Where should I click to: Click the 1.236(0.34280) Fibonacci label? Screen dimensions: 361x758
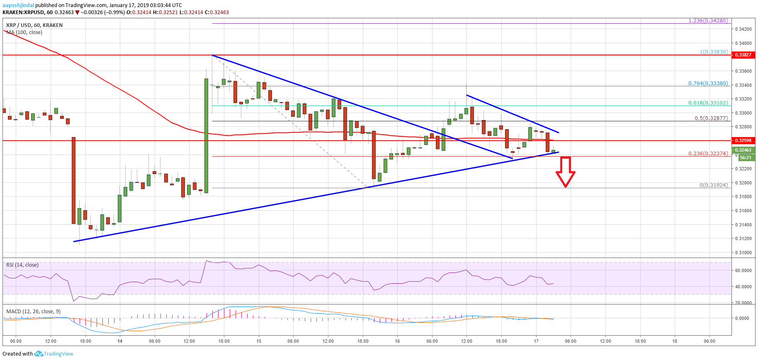(708, 21)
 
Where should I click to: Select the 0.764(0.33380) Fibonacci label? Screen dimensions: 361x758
(708, 83)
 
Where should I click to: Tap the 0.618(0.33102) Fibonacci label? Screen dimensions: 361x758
(708, 103)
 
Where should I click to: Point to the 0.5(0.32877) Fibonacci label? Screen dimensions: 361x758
(711, 118)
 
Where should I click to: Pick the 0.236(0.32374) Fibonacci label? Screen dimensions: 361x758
(708, 154)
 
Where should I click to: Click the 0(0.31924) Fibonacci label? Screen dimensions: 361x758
(713, 185)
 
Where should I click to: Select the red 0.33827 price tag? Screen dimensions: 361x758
(743, 55)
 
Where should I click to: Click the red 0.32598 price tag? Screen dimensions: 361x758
(743, 140)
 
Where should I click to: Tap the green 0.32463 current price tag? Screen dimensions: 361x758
(743, 150)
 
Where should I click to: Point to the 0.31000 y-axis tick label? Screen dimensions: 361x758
(743, 253)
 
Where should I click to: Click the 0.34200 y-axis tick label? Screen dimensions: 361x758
(743, 29)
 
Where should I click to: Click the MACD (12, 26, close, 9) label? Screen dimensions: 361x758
(33, 312)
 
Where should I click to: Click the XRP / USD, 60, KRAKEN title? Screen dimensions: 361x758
(34, 25)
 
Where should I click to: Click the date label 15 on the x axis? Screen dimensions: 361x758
(259, 341)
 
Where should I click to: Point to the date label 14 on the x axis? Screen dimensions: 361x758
(120, 341)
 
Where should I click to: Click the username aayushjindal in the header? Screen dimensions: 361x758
(18, 5)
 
